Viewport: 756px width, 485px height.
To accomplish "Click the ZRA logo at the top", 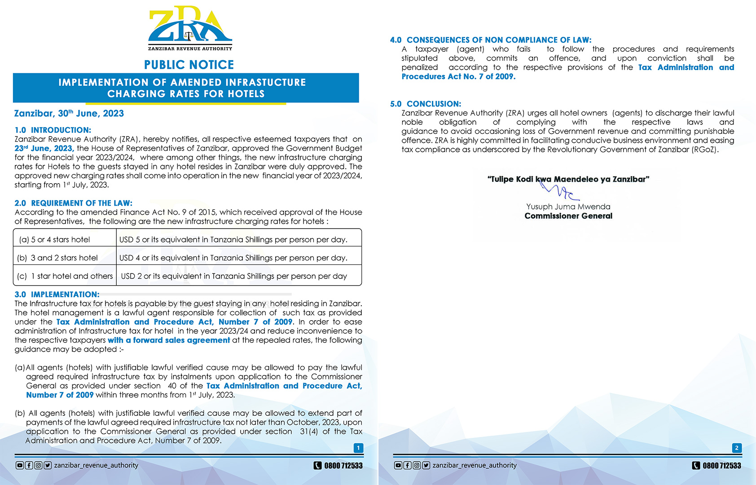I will pyautogui.click(x=190, y=28).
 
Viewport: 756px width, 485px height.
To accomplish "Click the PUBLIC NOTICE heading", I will pyautogui.click(x=189, y=65).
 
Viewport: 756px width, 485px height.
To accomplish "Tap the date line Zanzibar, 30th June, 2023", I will pyautogui.click(x=69, y=114).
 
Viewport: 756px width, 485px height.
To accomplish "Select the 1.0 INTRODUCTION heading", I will pyautogui.click(x=53, y=130).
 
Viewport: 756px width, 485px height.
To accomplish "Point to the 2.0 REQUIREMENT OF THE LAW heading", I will pyautogui.click(x=74, y=203).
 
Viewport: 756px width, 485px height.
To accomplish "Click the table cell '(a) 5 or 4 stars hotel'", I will pyautogui.click(x=55, y=240).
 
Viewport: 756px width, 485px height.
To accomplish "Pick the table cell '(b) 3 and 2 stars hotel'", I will pyautogui.click(x=57, y=258).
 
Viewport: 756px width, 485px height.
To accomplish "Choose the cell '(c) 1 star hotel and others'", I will pyautogui.click(x=65, y=276).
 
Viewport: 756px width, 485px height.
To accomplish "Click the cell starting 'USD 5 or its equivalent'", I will pyautogui.click(x=233, y=240).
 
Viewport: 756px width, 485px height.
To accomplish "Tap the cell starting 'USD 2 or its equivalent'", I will pyautogui.click(x=234, y=276).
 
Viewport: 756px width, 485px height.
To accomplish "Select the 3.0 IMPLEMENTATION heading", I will pyautogui.click(x=57, y=295).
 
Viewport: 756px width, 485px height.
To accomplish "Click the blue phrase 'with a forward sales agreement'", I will pyautogui.click(x=169, y=340).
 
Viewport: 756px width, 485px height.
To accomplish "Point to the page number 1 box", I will pyautogui.click(x=358, y=448).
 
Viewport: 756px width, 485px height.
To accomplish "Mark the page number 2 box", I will pyautogui.click(x=737, y=448).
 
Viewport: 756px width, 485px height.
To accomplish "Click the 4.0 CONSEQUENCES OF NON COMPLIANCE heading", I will pyautogui.click(x=491, y=40).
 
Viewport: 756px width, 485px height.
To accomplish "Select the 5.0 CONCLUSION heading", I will pyautogui.click(x=426, y=104).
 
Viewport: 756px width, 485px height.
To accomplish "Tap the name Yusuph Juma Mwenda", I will pyautogui.click(x=568, y=207).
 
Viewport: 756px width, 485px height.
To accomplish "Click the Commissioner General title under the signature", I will pyautogui.click(x=568, y=216).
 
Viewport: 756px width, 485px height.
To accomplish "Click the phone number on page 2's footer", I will pyautogui.click(x=721, y=466).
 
